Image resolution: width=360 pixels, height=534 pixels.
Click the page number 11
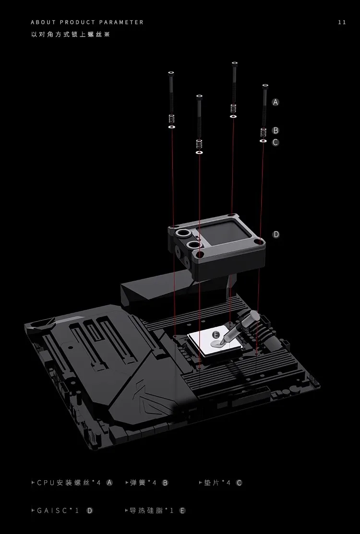point(342,23)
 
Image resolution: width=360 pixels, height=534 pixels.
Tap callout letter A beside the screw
point(275,102)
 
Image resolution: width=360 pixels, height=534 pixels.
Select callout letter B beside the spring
point(276,131)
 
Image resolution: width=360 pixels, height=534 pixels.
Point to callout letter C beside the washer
point(276,142)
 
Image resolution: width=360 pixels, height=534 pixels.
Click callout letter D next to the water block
point(276,234)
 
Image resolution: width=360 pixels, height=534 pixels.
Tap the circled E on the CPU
point(216,335)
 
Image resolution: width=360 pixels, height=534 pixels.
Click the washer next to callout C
point(263,141)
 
